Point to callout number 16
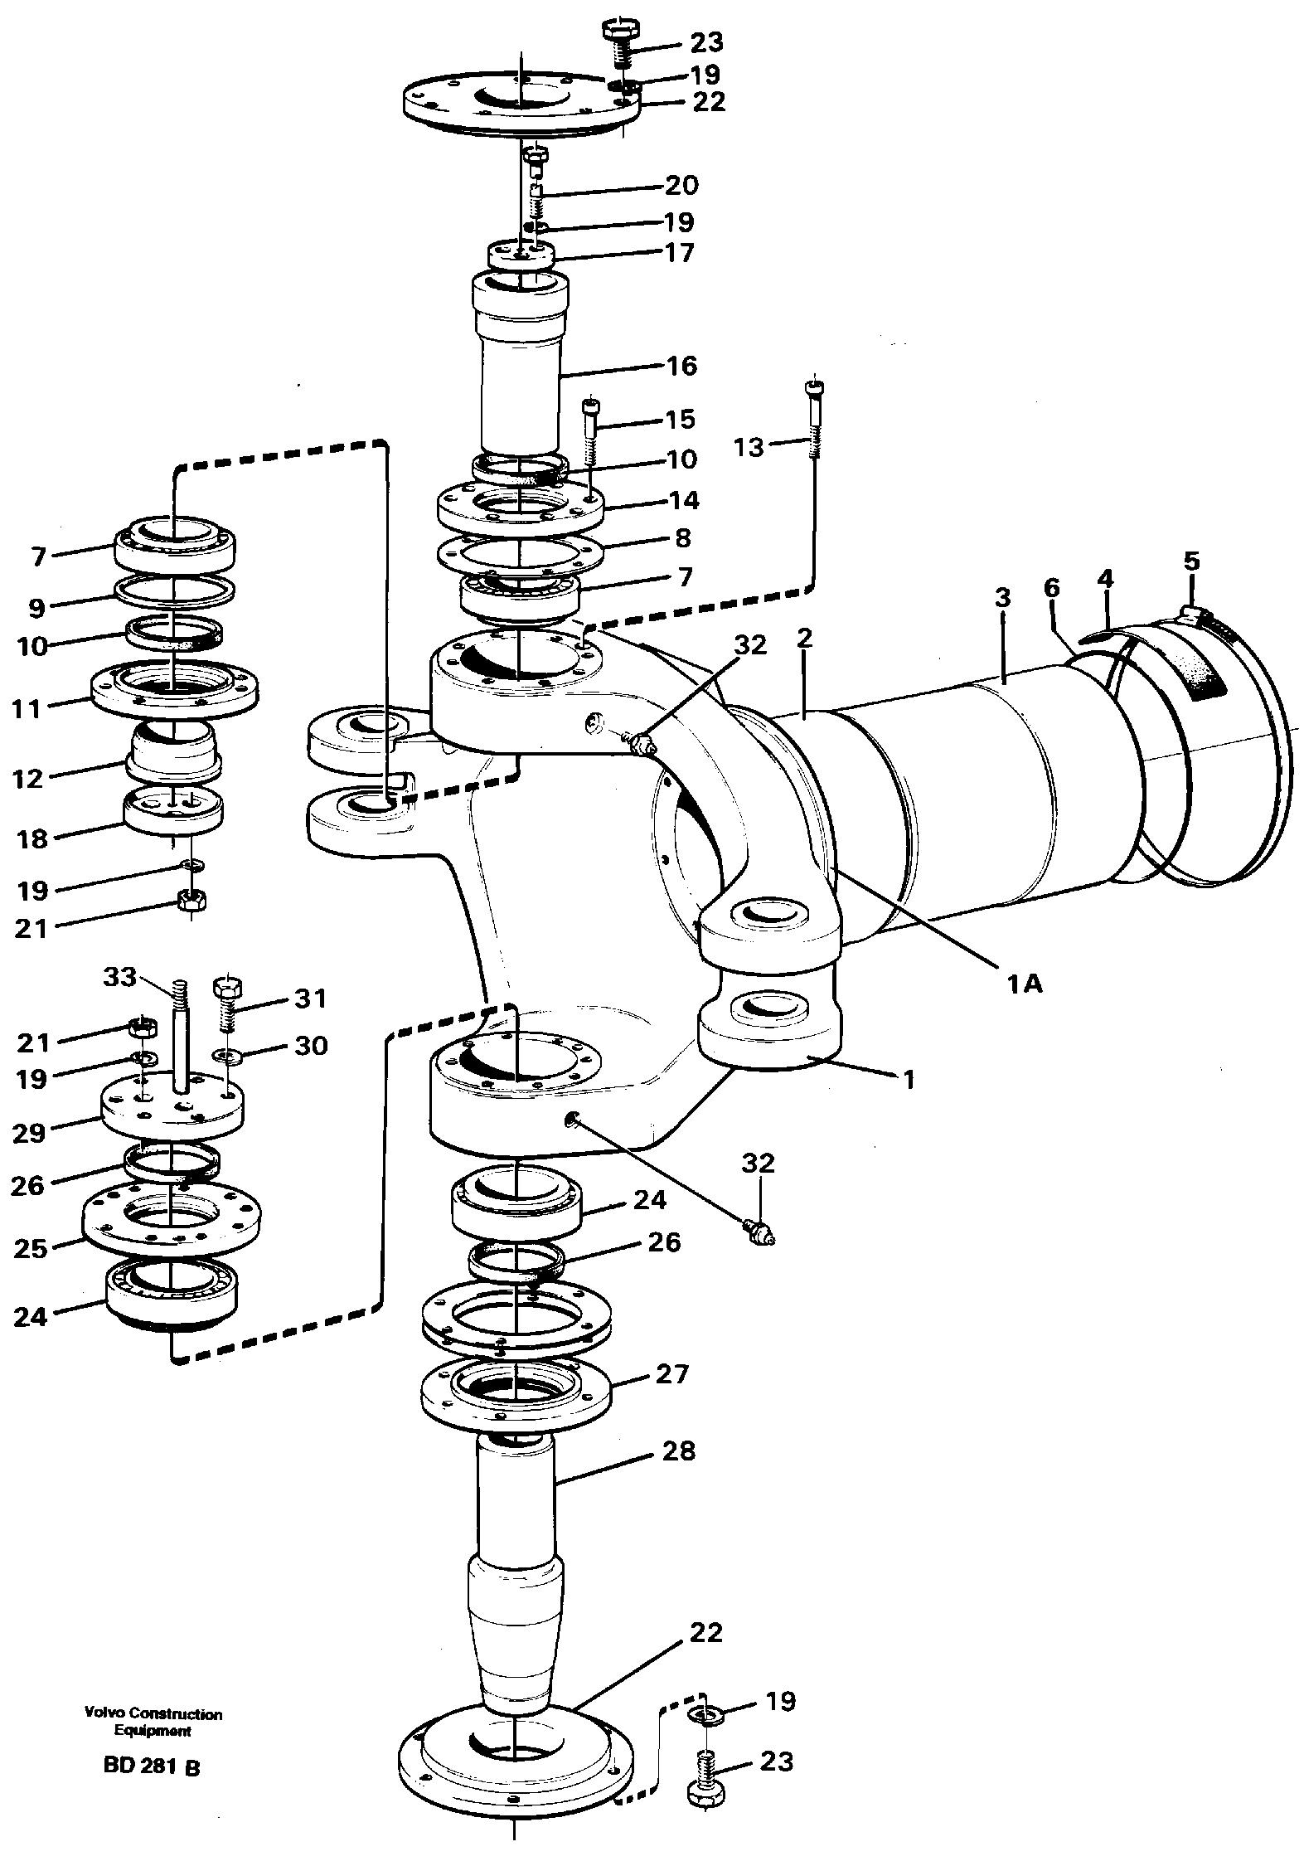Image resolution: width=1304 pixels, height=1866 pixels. tap(682, 366)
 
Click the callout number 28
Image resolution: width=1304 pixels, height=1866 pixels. tap(679, 1451)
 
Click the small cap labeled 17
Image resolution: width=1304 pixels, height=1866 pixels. tap(520, 253)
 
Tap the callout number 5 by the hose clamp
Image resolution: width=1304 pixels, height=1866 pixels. tap(1190, 561)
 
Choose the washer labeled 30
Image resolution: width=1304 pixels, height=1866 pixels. tap(224, 1057)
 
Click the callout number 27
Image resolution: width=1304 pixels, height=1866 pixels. tap(672, 1374)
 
